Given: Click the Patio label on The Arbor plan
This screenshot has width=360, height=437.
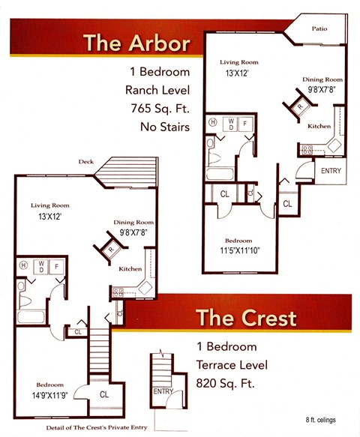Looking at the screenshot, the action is [319, 28].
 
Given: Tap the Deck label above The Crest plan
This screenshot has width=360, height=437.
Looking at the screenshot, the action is [86, 162].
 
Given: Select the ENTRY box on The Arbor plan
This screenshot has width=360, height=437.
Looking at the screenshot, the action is [331, 171].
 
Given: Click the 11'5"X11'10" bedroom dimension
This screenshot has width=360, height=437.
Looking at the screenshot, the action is [240, 250].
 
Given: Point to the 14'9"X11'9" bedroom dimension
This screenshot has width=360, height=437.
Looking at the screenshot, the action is [50, 396].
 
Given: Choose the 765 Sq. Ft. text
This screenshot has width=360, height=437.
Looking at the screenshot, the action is [160, 109].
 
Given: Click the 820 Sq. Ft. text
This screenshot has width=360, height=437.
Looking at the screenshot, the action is [226, 383].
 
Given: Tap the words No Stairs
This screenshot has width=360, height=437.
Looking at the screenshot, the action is [165, 127].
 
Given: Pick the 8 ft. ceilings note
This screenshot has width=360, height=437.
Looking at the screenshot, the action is [320, 420].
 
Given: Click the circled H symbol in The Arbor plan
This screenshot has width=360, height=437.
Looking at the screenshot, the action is [213, 122].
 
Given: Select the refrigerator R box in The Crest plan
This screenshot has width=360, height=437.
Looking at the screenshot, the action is [111, 249].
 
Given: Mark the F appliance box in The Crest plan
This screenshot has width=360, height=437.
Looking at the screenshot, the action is [56, 267].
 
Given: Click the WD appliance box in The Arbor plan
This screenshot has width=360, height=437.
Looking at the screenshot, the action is [230, 124].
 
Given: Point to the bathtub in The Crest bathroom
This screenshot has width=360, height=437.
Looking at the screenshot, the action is [31, 317].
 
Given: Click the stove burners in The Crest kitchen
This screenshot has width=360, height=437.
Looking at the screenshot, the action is [118, 292].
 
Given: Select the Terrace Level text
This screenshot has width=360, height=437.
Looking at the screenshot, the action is [232, 365].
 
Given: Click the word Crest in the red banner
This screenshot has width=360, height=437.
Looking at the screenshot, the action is [268, 318].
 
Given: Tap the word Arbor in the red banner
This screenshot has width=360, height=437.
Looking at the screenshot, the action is [160, 43].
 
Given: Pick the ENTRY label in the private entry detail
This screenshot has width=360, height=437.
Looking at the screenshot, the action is [163, 391].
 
